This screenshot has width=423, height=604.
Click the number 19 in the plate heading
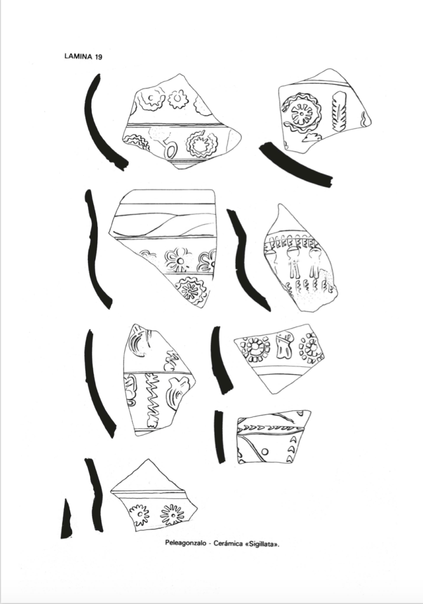pyautogui.click(x=98, y=57)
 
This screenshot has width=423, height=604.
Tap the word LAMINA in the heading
pyautogui.click(x=78, y=57)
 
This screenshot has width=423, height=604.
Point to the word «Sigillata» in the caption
pyautogui.click(x=261, y=543)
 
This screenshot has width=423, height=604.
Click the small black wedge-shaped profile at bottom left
pyautogui.click(x=66, y=519)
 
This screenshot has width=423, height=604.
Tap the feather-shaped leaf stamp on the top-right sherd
pyautogui.click(x=340, y=111)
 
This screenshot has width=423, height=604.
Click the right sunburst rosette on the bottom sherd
pyautogui.click(x=172, y=514)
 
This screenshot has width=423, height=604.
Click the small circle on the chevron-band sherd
pyautogui.click(x=265, y=451)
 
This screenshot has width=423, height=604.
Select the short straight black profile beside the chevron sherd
pyautogui.click(x=219, y=437)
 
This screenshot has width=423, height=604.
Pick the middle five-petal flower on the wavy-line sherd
pyautogui.click(x=179, y=260)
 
